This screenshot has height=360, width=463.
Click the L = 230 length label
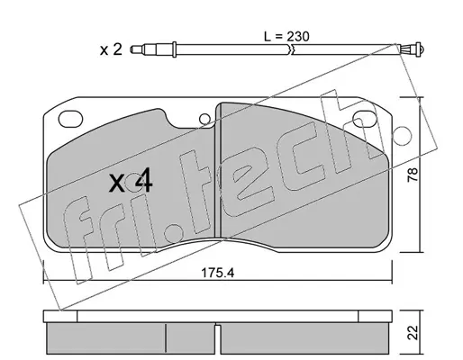click(286, 37)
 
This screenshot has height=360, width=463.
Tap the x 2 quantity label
click(111, 49)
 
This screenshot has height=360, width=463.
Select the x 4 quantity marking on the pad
click(131, 182)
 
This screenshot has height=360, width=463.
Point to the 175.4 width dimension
click(217, 273)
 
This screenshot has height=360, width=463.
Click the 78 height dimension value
click(413, 175)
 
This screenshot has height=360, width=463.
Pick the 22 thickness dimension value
click(413, 332)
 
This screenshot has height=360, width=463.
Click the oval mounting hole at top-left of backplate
click(70, 119)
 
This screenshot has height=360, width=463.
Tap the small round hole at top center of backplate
click(204, 119)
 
